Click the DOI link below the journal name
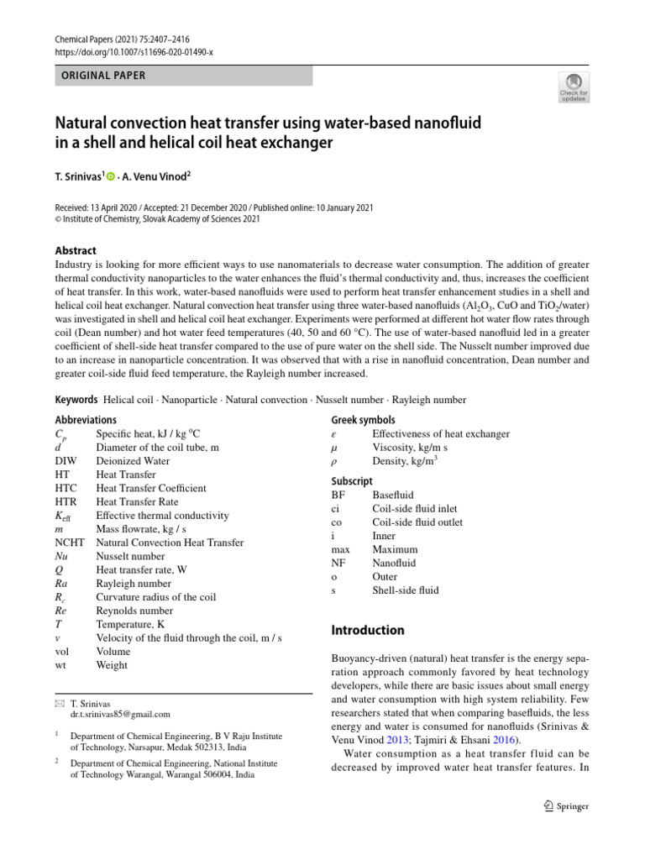pos(134,52)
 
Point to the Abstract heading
pos(76,250)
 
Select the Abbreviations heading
pos(86,420)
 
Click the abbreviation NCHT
pos(70,543)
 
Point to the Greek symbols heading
pos(363,420)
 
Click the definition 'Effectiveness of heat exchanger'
pos(440,434)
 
